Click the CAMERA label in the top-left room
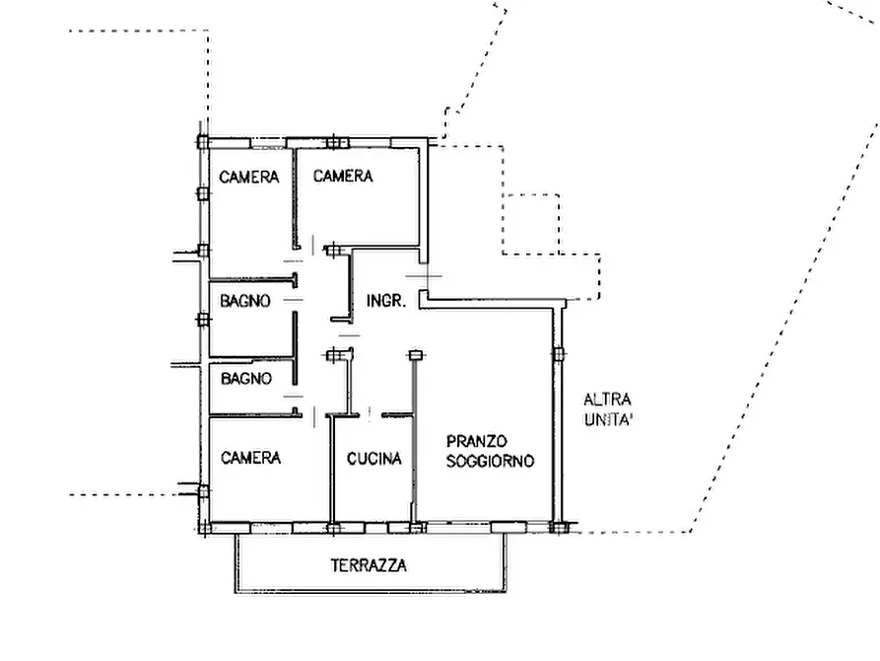[248, 177]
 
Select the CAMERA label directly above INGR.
[343, 176]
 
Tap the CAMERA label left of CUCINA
[251, 458]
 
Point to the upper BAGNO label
[245, 301]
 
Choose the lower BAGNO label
[246, 378]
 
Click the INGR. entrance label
[386, 301]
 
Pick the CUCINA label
[374, 459]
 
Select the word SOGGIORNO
[491, 461]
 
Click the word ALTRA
[607, 400]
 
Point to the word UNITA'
[608, 419]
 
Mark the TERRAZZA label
[369, 565]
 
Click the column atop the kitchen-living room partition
[415, 355]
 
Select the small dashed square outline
[531, 195]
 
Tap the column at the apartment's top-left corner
[203, 142]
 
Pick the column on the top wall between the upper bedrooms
[334, 142]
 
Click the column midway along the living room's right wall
[559, 354]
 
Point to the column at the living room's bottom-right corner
[558, 527]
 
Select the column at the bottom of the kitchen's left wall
[334, 529]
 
